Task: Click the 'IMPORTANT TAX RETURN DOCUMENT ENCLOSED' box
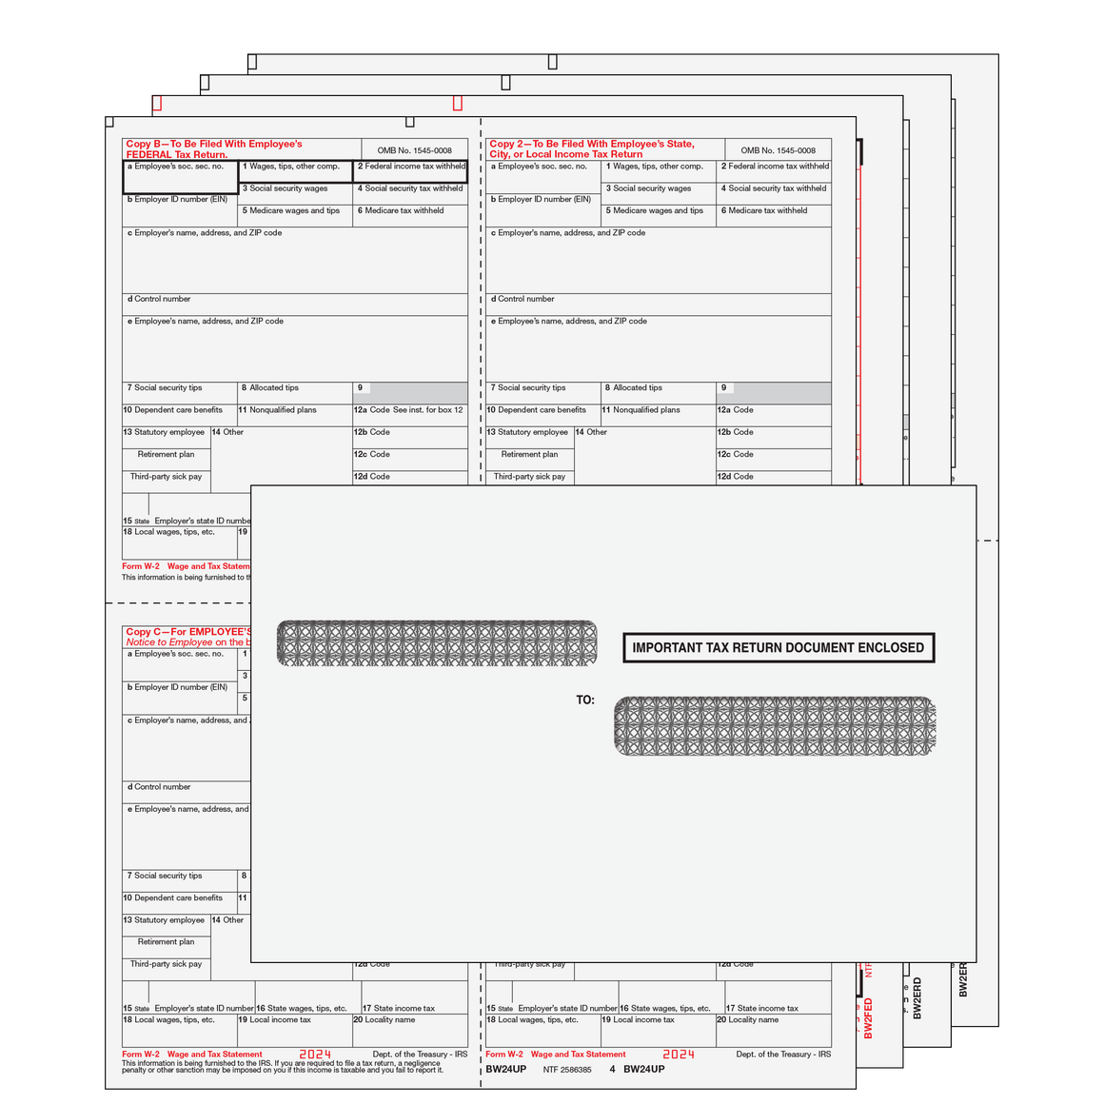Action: pyautogui.click(x=778, y=647)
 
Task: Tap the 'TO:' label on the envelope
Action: pyautogui.click(x=585, y=700)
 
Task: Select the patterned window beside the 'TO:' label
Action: pyautogui.click(x=775, y=726)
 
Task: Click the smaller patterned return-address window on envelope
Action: pyautogui.click(x=437, y=643)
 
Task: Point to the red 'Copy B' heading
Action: pyautogui.click(x=214, y=149)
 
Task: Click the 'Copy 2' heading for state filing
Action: pyautogui.click(x=591, y=149)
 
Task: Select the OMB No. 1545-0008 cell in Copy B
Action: pyautogui.click(x=414, y=150)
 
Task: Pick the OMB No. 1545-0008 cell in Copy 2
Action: pyautogui.click(x=778, y=150)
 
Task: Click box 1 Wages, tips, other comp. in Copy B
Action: pyautogui.click(x=295, y=171)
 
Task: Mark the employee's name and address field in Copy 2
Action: pyautogui.click(x=659, y=348)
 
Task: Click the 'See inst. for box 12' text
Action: pyautogui.click(x=428, y=410)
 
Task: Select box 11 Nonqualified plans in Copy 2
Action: pyautogui.click(x=658, y=415)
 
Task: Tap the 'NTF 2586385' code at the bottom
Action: pyautogui.click(x=567, y=1070)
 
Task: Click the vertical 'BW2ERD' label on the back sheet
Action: pyautogui.click(x=917, y=998)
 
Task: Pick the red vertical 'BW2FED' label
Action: pyautogui.click(x=868, y=1017)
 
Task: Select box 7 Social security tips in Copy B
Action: pyautogui.click(x=179, y=392)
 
